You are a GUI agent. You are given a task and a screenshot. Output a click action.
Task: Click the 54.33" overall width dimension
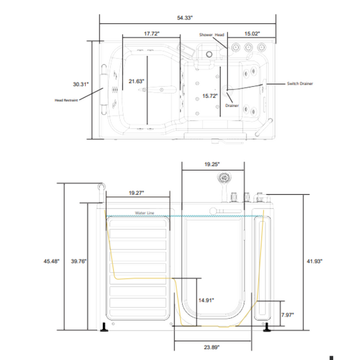click(x=185, y=17)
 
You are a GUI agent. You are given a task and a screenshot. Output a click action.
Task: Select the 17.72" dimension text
click(x=151, y=33)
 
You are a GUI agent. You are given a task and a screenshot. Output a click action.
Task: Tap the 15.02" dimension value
click(x=252, y=33)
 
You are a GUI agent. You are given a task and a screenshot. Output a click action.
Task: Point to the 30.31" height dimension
click(x=81, y=84)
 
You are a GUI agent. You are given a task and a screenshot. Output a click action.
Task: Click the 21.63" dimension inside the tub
click(x=136, y=81)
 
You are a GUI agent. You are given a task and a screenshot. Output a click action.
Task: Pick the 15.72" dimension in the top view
click(x=210, y=96)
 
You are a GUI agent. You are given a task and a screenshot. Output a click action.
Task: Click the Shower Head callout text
click(x=212, y=35)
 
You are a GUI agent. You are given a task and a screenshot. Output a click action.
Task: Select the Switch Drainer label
click(x=300, y=83)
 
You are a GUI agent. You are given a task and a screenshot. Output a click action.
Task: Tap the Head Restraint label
click(x=66, y=100)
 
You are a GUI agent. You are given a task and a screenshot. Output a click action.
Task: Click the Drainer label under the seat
click(x=232, y=105)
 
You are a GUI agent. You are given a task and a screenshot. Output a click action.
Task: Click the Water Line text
click(x=145, y=212)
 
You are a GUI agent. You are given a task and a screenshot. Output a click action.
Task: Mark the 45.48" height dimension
click(x=51, y=261)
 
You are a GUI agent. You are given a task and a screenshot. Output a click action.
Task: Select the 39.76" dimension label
click(x=79, y=261)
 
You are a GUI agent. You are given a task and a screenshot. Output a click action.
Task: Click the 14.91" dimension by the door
click(x=206, y=300)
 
